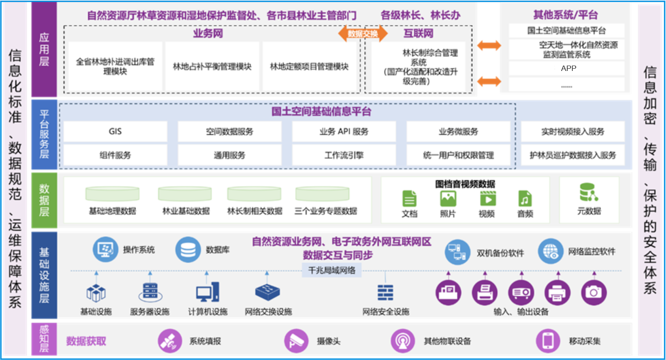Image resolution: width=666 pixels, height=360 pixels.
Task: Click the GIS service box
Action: (115, 132)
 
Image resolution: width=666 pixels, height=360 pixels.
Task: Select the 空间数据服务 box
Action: (229, 132)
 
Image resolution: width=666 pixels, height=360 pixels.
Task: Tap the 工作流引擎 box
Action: (343, 155)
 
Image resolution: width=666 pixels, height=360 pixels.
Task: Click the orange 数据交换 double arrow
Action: (363, 34)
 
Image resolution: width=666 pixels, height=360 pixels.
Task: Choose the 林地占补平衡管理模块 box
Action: (212, 66)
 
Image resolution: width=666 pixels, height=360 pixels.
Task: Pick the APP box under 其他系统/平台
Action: (568, 68)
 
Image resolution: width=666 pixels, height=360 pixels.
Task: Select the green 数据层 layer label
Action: (44, 200)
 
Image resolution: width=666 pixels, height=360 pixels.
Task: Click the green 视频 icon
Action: (488, 198)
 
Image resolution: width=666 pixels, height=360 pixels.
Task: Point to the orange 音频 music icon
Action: (525, 198)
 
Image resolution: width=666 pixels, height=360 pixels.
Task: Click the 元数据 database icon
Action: (588, 192)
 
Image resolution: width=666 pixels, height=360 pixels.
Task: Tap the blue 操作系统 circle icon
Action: (105, 250)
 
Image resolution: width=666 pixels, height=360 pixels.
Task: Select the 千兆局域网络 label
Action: (331, 270)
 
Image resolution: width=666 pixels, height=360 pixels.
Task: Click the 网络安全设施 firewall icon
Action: (385, 292)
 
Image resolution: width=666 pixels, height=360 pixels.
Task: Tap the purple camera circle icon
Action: (594, 292)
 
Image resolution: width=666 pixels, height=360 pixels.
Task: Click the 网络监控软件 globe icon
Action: (551, 251)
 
